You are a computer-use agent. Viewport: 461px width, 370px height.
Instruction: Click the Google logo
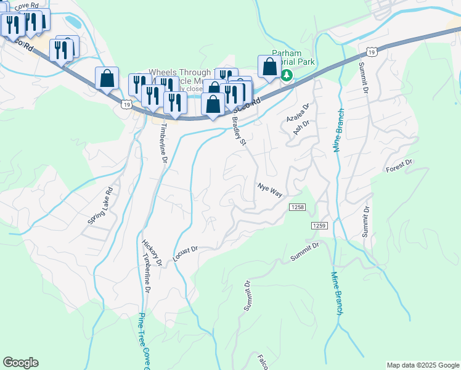click(x=20, y=363)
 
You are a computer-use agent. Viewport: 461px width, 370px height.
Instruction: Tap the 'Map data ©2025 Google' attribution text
click(x=422, y=364)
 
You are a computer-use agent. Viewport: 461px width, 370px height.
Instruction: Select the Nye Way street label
click(x=270, y=190)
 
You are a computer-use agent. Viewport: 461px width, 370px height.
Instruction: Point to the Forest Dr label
click(x=399, y=166)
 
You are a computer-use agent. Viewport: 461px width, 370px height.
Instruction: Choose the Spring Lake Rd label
click(x=100, y=205)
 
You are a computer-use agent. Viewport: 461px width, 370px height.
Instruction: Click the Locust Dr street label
click(x=185, y=253)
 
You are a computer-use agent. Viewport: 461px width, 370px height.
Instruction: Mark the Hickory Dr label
click(x=152, y=253)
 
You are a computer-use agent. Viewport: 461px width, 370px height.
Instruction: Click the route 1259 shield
click(x=319, y=226)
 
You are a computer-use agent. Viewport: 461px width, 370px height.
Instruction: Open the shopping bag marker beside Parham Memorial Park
click(x=269, y=67)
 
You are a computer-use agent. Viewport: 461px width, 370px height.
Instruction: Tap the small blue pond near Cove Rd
click(x=73, y=22)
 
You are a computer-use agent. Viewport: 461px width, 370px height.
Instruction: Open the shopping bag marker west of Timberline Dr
click(x=107, y=79)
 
